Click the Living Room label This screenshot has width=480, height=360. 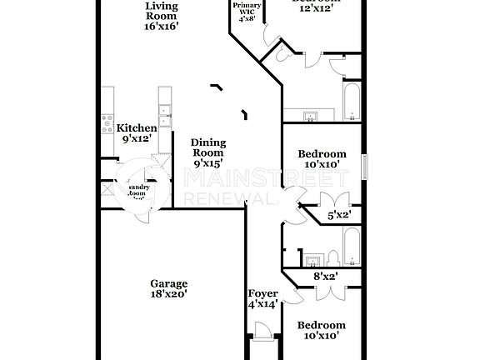click(161, 15)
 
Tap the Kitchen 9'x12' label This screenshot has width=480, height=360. click(137, 133)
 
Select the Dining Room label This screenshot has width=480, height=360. click(208, 153)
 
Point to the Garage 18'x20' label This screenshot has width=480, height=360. click(168, 288)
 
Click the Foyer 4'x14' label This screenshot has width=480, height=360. click(262, 299)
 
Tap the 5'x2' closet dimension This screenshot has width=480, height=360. click(338, 215)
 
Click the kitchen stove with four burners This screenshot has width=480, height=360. click(108, 124)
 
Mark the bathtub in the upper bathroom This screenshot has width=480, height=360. click(351, 100)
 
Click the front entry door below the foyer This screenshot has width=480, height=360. click(262, 343)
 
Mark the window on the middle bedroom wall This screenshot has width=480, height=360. click(363, 165)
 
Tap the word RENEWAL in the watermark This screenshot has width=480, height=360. click(227, 198)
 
